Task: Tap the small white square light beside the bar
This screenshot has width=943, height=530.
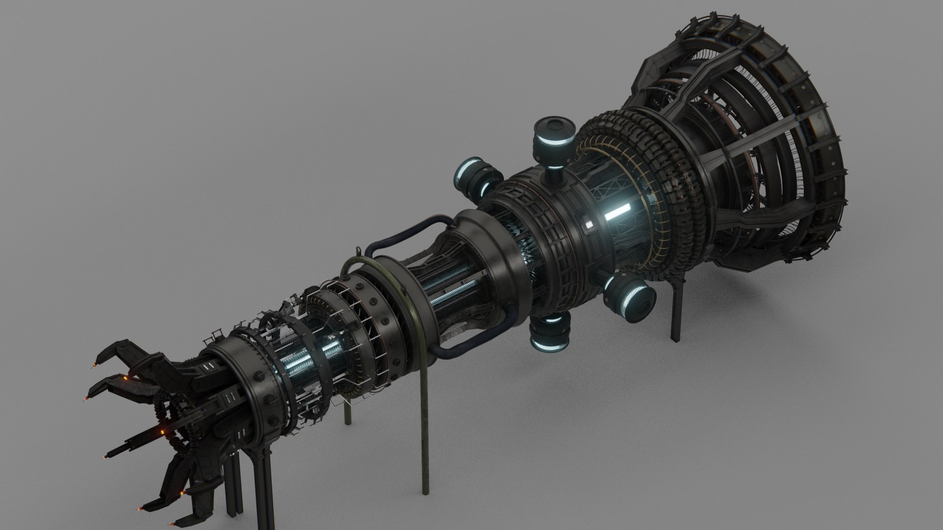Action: pyautogui.click(x=588, y=225)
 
